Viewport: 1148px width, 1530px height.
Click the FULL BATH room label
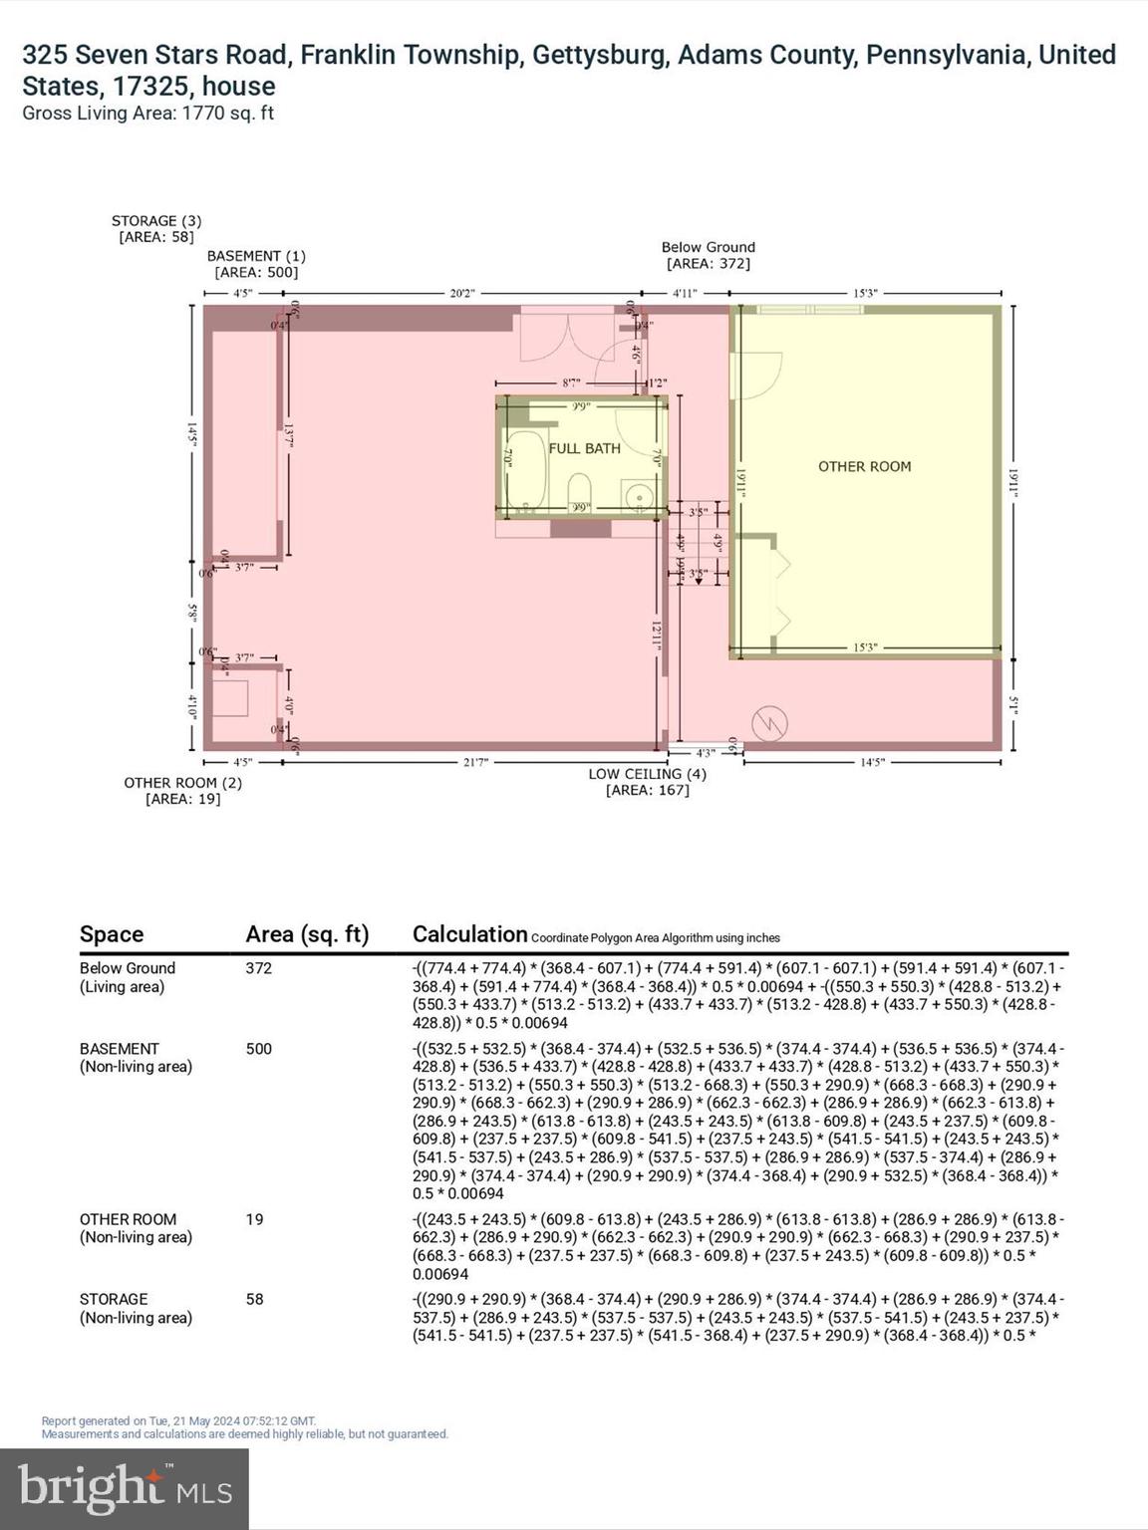(x=584, y=448)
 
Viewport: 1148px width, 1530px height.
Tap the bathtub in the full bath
(x=523, y=470)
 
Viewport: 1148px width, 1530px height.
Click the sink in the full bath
(x=636, y=493)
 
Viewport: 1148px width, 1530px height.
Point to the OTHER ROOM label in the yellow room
(x=864, y=466)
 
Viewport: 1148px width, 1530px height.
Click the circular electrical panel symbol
(x=769, y=723)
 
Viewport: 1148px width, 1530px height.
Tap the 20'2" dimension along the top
(x=462, y=293)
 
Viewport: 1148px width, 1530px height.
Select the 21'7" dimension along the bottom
(x=475, y=762)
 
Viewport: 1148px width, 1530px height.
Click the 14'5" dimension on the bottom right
(x=872, y=762)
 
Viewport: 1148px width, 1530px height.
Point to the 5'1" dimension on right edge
(x=1014, y=704)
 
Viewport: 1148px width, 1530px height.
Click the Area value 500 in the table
(x=259, y=1049)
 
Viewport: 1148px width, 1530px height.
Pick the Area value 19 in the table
(x=254, y=1219)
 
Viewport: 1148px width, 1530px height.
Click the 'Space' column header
(x=112, y=934)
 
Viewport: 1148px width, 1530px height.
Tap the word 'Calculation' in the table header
(x=469, y=934)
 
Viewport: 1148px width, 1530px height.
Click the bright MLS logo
(x=125, y=1488)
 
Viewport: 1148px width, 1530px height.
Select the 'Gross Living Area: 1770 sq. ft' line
(x=148, y=114)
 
